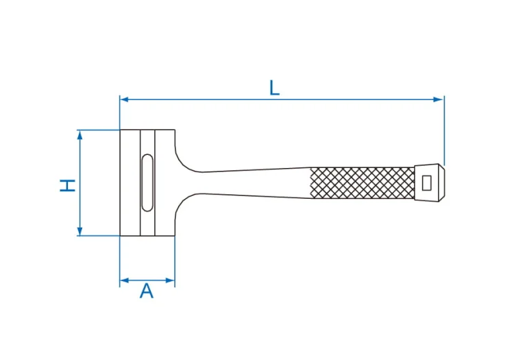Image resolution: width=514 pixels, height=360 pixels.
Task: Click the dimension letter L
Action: tap(274, 88)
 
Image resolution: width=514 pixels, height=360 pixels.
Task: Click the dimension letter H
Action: tap(68, 185)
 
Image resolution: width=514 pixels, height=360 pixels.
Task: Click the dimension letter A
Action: tap(147, 291)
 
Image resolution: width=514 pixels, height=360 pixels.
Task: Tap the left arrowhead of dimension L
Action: tap(124, 99)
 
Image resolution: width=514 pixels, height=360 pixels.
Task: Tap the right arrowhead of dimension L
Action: tap(439, 99)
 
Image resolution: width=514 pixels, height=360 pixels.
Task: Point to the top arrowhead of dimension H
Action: tap(80, 135)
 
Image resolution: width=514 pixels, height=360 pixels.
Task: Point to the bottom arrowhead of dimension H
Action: tap(80, 231)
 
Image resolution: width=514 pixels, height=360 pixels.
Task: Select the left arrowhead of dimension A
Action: tap(124, 280)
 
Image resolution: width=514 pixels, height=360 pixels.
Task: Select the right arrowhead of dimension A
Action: tap(171, 280)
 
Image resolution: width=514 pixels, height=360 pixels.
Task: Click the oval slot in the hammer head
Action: tap(147, 182)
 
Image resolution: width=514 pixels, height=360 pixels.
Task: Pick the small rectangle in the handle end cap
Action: tap(426, 182)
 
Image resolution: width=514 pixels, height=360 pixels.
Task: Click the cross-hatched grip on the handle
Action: tap(363, 182)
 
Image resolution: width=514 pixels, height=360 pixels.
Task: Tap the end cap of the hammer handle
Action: tap(430, 182)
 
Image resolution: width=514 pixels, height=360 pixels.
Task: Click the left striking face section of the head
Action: tap(130, 182)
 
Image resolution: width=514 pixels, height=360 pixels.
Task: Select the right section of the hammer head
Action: tap(165, 182)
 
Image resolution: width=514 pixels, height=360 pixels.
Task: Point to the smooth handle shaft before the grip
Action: tap(256, 182)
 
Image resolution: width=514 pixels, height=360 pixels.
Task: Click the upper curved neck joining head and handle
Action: tap(184, 160)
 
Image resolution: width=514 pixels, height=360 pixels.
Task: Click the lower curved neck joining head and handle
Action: tap(184, 206)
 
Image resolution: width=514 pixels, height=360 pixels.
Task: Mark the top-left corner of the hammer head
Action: tap(120, 130)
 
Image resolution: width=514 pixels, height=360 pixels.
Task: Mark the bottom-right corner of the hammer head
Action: tap(175, 235)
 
